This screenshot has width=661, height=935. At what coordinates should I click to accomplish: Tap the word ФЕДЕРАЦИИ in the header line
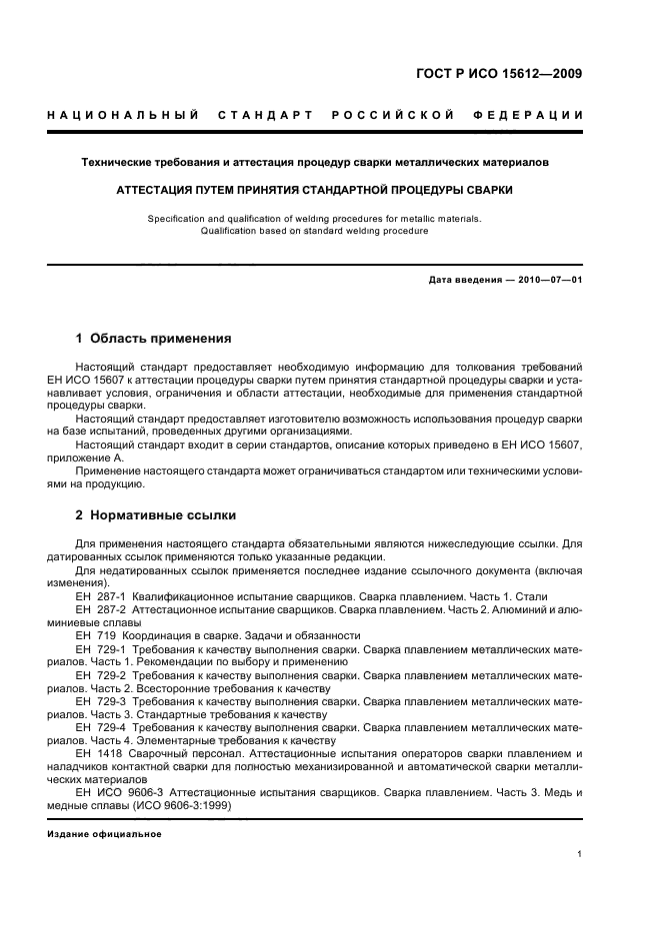tap(538, 116)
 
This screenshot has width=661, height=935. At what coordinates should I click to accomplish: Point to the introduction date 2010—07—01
tap(548, 280)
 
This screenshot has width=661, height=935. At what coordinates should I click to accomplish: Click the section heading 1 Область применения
tap(154, 339)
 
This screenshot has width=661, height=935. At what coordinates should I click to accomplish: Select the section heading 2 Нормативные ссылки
tap(156, 515)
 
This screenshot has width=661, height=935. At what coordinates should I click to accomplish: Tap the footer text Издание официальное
tap(98, 833)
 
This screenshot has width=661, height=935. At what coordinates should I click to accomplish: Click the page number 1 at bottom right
tap(580, 854)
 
